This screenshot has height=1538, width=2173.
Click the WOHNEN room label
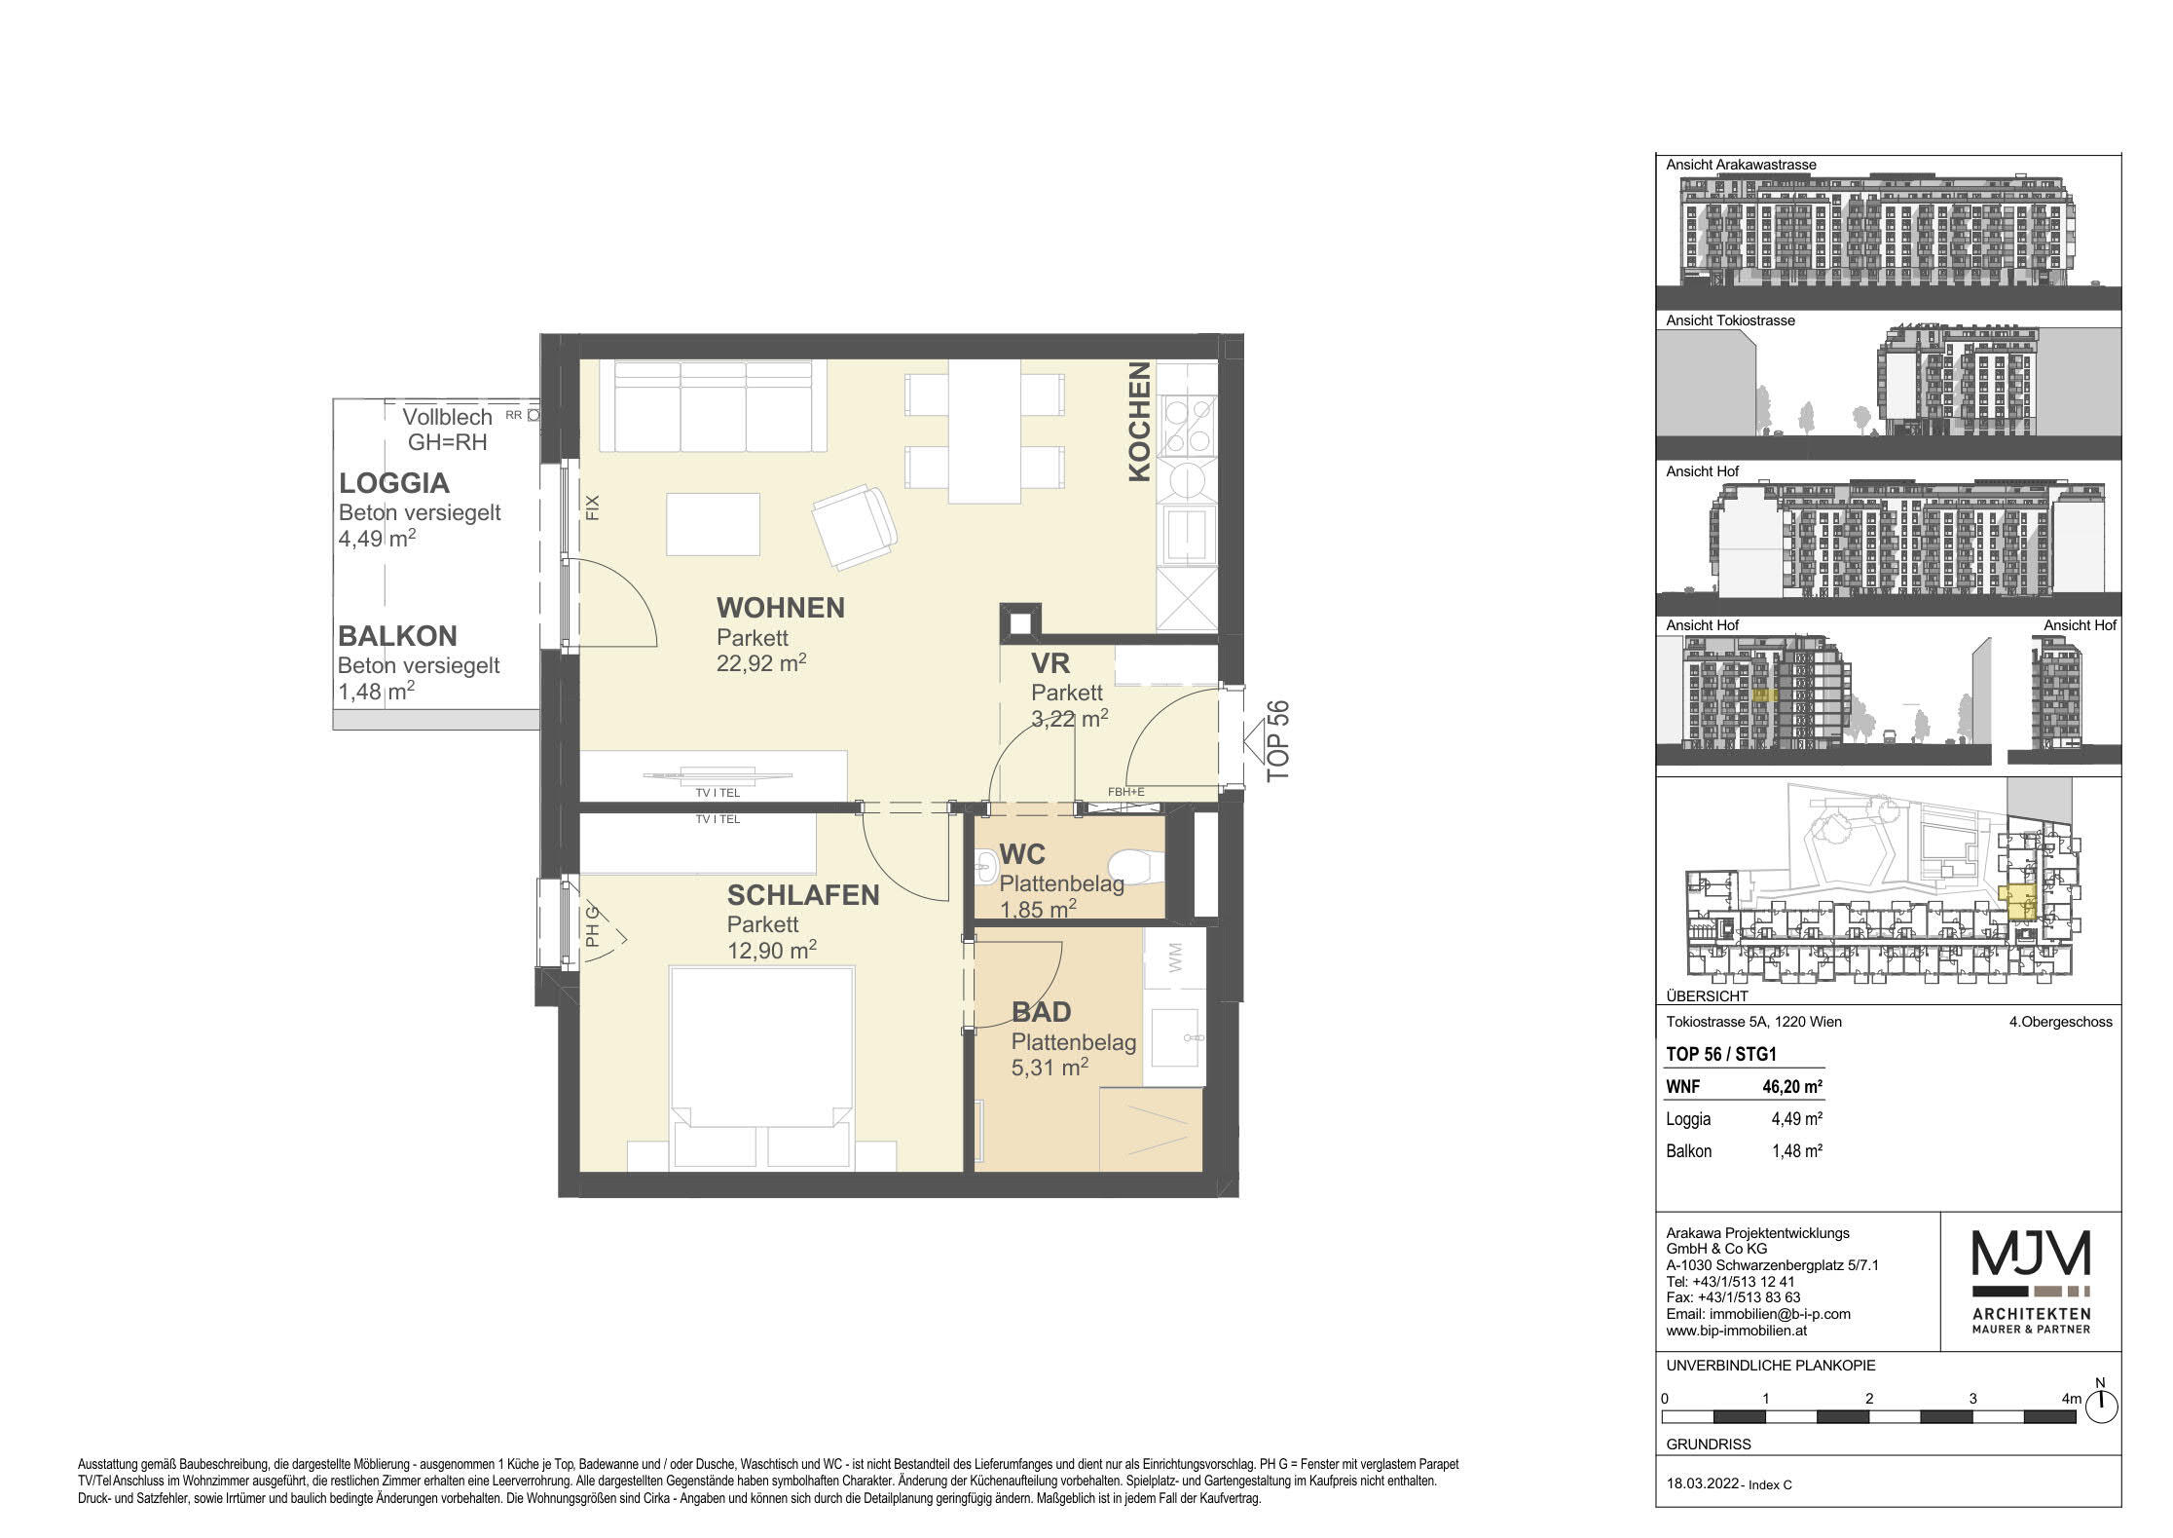tap(781, 608)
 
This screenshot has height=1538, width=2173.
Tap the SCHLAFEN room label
tap(803, 895)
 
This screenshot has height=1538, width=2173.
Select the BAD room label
tap(1042, 1011)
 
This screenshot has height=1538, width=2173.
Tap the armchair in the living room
tap(854, 527)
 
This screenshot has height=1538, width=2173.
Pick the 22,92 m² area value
tap(761, 663)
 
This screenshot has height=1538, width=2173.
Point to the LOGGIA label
tap(393, 483)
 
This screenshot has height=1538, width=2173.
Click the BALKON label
tap(397, 636)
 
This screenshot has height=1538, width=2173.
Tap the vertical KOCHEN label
tap(1140, 422)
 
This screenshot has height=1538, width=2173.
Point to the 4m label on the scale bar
tap(2071, 1399)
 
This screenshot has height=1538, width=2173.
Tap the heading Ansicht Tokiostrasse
tap(1730, 320)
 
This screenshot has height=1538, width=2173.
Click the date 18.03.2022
tap(1701, 1485)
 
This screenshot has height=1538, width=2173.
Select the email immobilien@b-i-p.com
tap(1758, 1314)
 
